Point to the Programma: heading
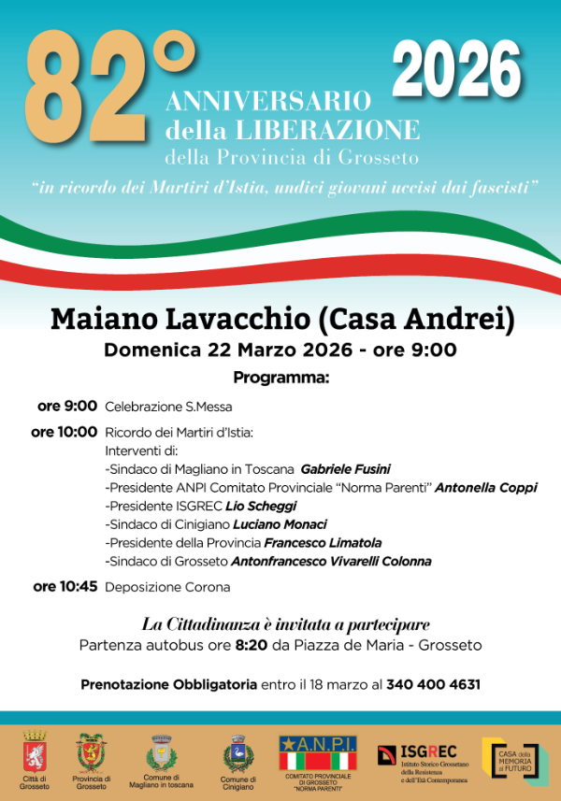[281, 378]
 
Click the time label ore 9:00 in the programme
[67, 406]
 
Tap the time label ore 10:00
[64, 432]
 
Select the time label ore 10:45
[65, 587]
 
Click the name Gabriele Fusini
[345, 469]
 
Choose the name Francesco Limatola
[323, 542]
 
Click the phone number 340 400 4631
[434, 684]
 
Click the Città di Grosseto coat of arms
[36, 751]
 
